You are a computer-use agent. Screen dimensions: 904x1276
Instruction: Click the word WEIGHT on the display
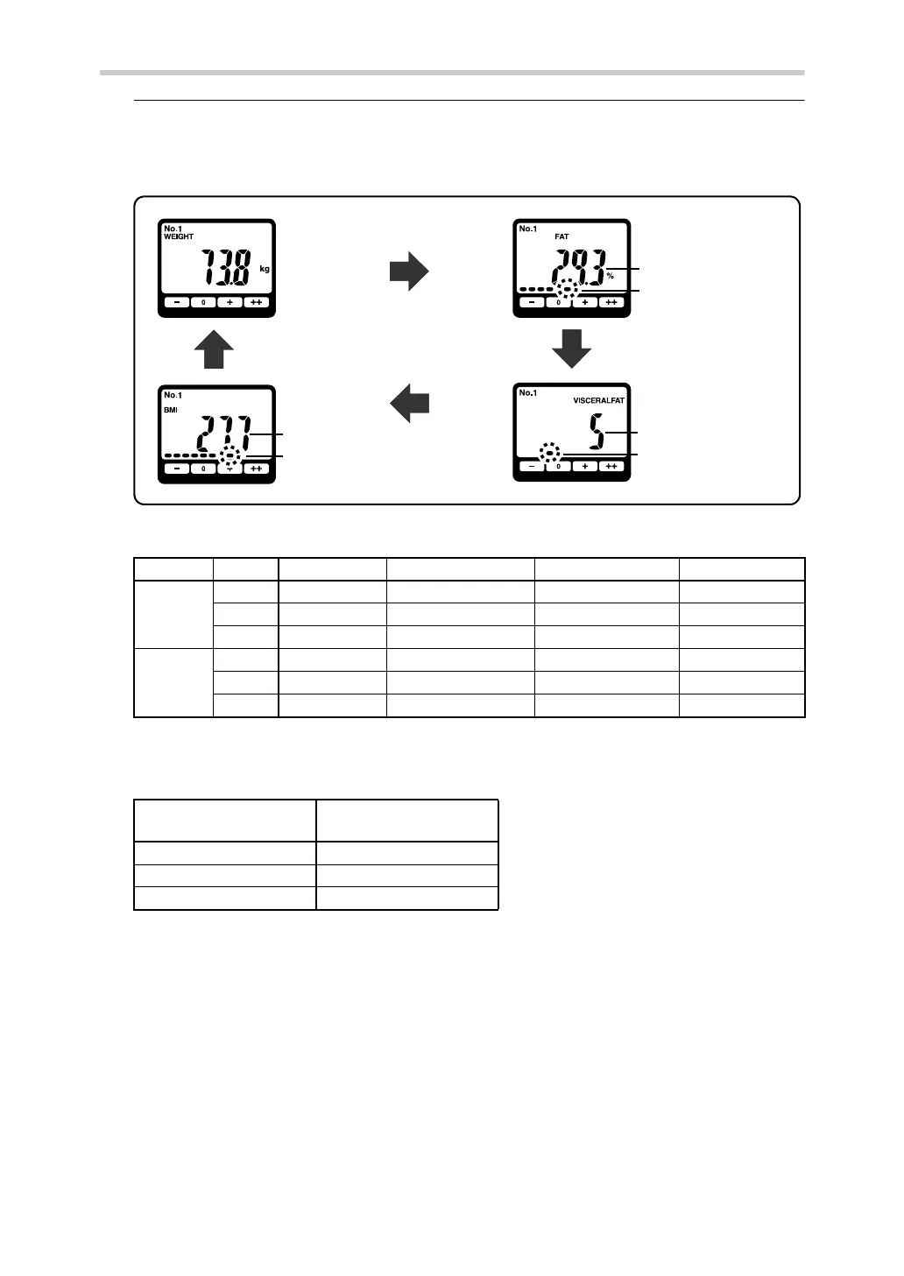[x=179, y=236]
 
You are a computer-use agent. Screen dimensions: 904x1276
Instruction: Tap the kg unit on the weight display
[x=265, y=269]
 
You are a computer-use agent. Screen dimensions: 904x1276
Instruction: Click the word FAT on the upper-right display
[x=561, y=236]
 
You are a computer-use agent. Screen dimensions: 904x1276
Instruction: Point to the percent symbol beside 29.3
[x=610, y=276]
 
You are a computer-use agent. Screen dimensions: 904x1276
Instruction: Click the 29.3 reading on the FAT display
[x=577, y=264]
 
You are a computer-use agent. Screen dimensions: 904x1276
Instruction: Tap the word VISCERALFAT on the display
[x=598, y=400]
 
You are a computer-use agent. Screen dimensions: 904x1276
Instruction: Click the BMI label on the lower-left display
[x=170, y=409]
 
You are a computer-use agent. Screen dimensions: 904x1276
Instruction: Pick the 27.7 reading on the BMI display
[x=222, y=434]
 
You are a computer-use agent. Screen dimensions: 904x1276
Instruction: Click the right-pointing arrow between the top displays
[x=408, y=272]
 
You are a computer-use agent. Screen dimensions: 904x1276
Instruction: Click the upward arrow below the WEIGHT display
[x=214, y=349]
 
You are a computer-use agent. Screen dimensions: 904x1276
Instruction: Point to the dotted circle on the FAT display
[x=569, y=288]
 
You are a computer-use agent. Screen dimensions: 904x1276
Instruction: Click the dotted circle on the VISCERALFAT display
[x=549, y=453]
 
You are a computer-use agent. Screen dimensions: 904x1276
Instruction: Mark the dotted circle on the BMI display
[x=230, y=455]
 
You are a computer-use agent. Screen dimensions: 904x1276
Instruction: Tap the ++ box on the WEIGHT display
[x=256, y=302]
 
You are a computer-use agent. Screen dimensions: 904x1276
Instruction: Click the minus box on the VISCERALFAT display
[x=531, y=466]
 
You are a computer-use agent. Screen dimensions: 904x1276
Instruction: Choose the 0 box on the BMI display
[x=202, y=469]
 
